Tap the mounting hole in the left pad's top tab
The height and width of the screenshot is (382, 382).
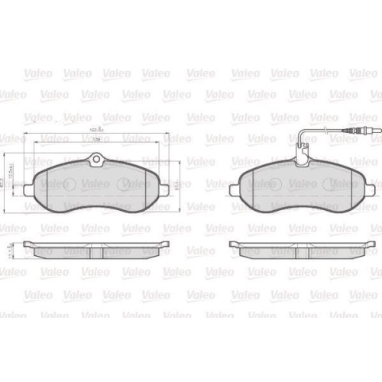point(97,160)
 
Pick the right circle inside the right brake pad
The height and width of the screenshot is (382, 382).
point(335,184)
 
